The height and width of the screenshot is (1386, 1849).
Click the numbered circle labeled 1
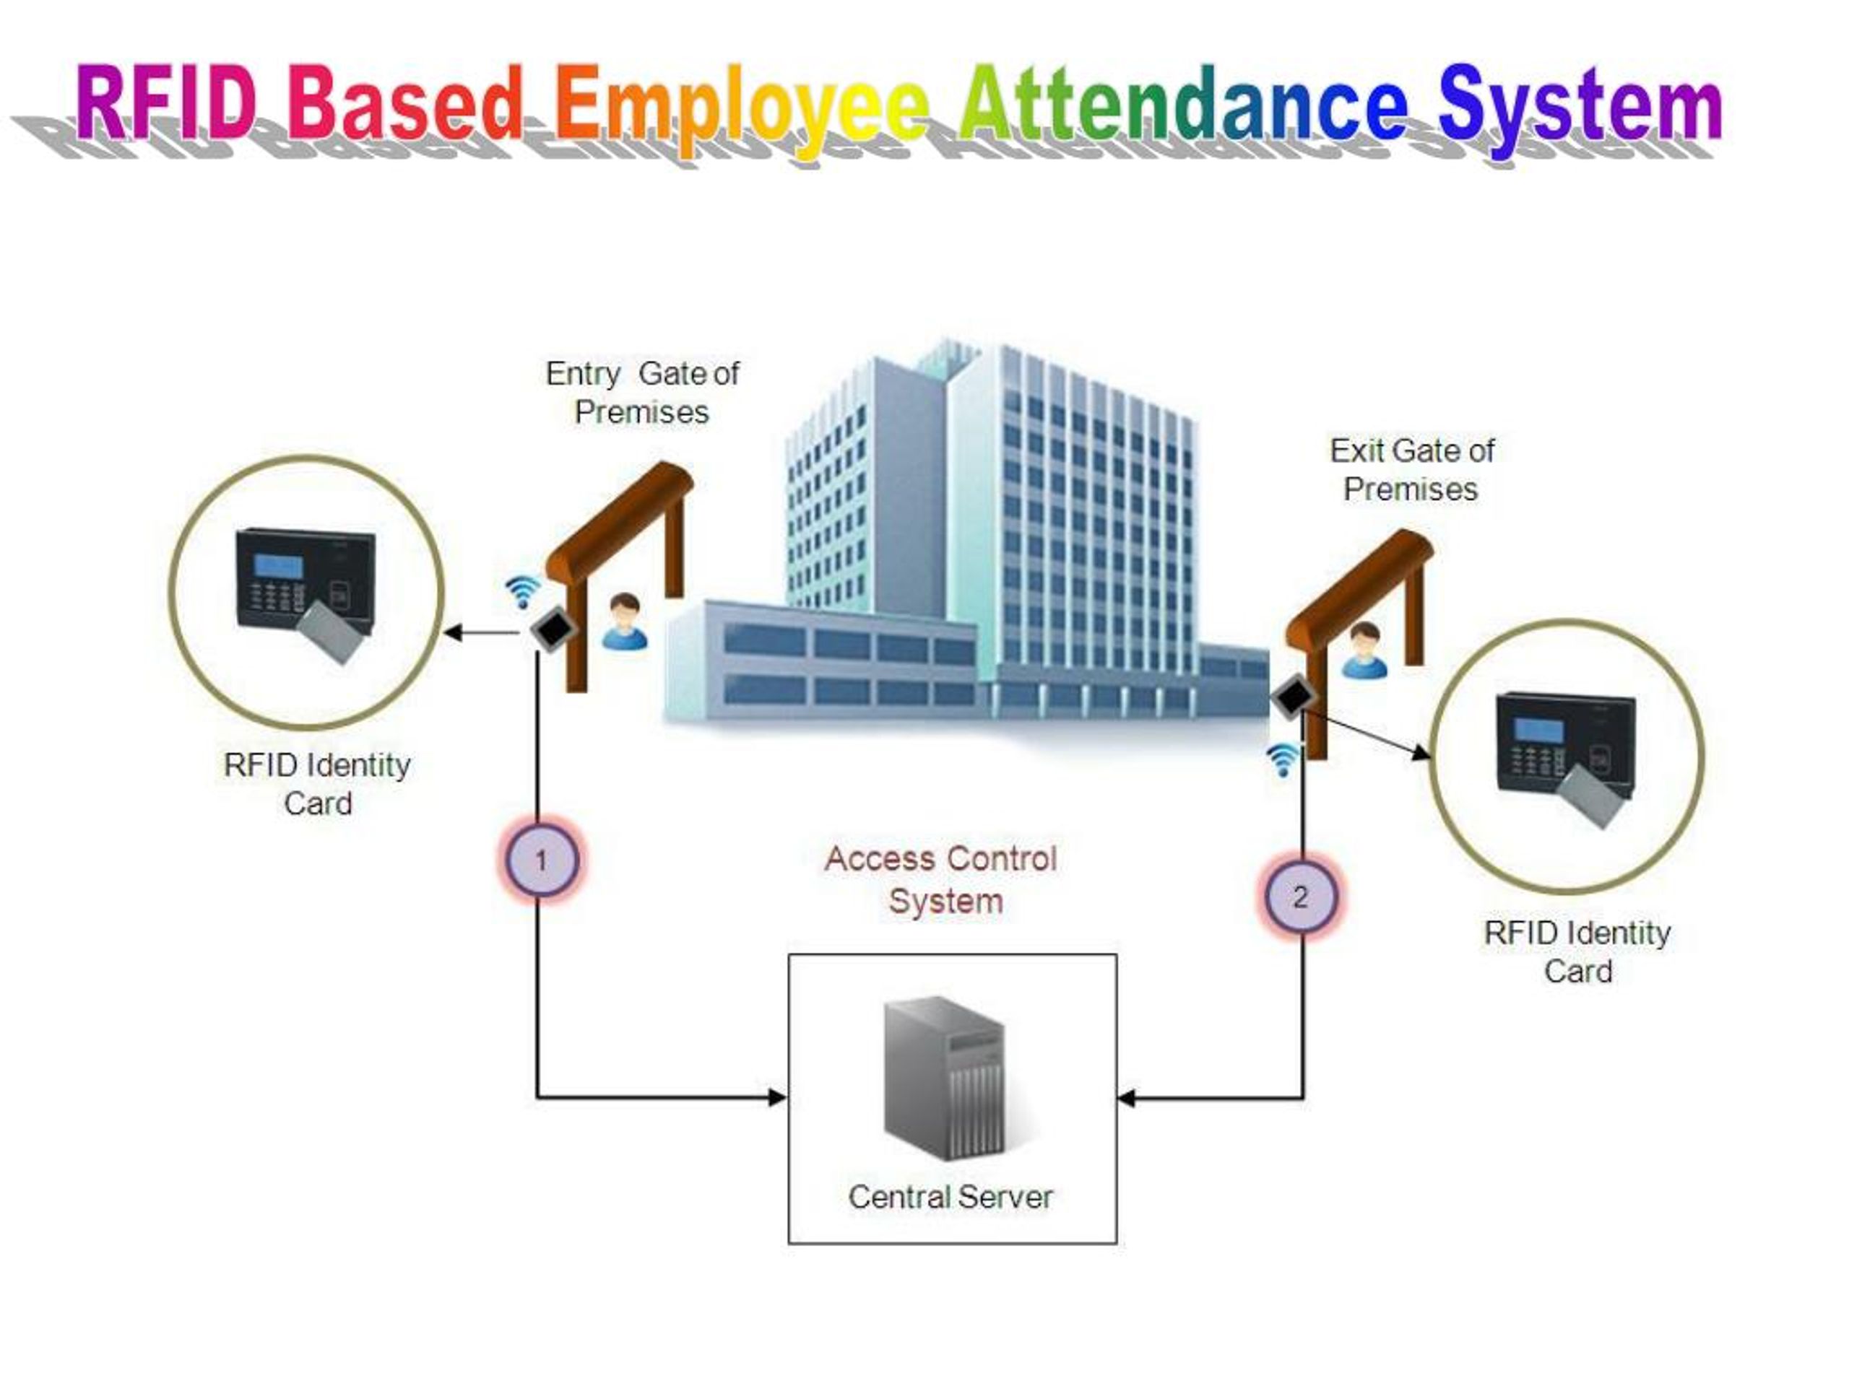(541, 860)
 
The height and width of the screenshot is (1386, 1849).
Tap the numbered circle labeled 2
(1300, 897)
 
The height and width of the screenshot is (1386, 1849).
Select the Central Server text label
(951, 1196)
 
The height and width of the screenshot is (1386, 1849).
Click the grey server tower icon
(945, 1078)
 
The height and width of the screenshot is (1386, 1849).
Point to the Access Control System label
(942, 880)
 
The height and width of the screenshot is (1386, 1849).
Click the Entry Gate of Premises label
(642, 393)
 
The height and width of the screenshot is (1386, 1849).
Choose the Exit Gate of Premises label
(1411, 469)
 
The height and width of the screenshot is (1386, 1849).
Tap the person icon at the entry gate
(625, 622)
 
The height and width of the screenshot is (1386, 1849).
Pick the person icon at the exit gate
(1364, 650)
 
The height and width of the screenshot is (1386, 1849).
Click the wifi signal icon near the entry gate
(522, 591)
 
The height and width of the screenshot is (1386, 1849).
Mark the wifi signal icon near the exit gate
(1282, 759)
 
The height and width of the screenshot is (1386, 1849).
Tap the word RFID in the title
(166, 104)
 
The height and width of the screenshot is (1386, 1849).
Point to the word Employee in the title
(742, 108)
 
